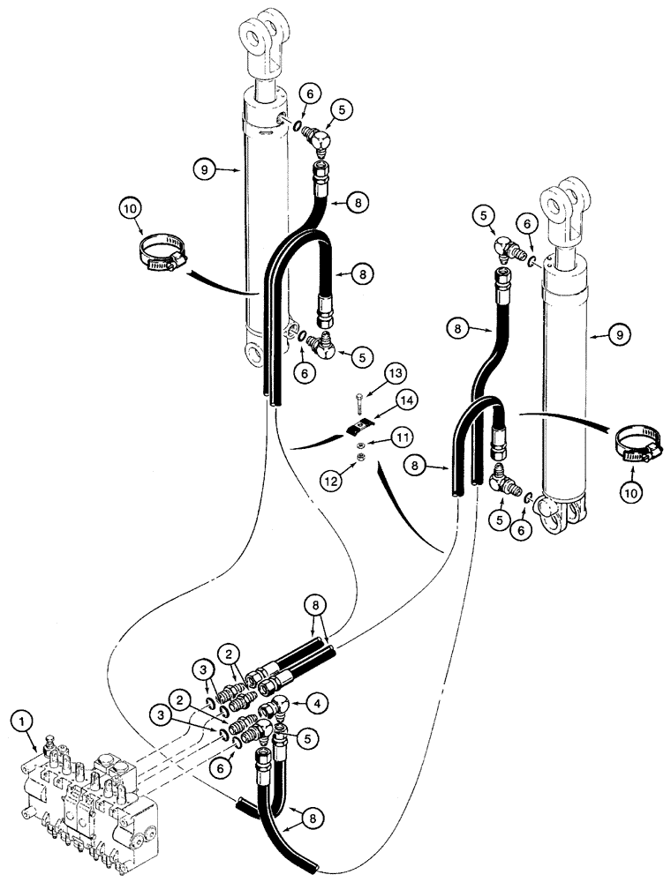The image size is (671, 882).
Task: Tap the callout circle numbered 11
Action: [x=402, y=436]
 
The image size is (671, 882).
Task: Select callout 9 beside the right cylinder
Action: [x=616, y=334]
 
